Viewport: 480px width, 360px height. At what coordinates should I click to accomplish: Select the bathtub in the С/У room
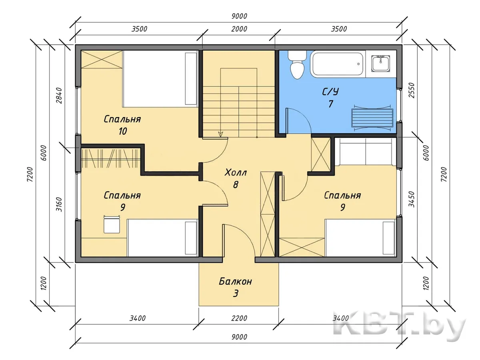[x=338, y=64]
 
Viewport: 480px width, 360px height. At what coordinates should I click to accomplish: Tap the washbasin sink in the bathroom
[x=381, y=63]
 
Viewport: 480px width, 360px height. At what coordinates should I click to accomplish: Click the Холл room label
[x=236, y=173]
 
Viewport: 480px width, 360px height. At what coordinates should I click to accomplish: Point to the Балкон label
[x=236, y=281]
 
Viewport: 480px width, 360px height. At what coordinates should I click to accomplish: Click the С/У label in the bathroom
[x=330, y=92]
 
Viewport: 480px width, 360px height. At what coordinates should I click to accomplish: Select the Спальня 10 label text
[x=122, y=125]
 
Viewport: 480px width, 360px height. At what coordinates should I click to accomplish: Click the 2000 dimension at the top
[x=239, y=29]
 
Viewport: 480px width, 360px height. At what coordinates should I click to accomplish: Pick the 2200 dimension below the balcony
[x=239, y=318]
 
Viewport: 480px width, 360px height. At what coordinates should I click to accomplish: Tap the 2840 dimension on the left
[x=59, y=96]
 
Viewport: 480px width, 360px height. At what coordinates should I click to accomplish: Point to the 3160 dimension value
[x=59, y=204]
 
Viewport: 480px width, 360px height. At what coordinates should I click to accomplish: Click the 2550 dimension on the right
[x=412, y=90]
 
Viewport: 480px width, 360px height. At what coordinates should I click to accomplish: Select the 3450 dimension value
[x=412, y=199]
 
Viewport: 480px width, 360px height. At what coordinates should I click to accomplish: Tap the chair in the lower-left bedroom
[x=112, y=224]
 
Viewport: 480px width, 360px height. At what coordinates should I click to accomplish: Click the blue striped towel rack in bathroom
[x=372, y=118]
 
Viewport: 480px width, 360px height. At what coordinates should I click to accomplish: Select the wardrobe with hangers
[x=110, y=158]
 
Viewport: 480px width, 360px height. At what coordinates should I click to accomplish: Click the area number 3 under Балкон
[x=236, y=293]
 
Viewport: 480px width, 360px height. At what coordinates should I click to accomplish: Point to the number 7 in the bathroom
[x=330, y=104]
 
